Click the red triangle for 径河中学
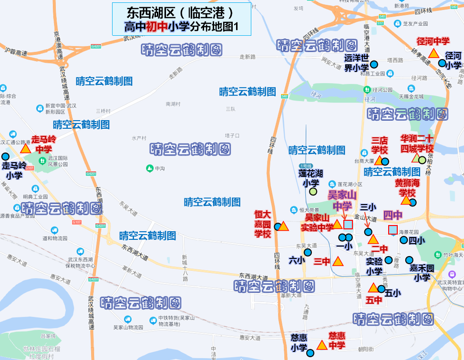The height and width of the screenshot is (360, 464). [x=433, y=53]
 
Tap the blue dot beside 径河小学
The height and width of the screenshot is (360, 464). [x=442, y=63]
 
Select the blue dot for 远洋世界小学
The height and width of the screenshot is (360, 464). [x=374, y=64]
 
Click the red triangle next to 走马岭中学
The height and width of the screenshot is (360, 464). [x=25, y=148]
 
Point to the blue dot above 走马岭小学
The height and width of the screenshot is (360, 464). [x=5, y=156]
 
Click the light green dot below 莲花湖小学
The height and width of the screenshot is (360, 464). [x=313, y=192]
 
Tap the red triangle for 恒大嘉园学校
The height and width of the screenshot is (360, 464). [x=283, y=226]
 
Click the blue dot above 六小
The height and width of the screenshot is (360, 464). [x=308, y=252]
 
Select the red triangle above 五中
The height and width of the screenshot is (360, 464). [x=373, y=288]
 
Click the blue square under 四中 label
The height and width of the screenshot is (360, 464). [x=392, y=230]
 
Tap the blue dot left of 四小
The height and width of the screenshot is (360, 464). [x=404, y=240]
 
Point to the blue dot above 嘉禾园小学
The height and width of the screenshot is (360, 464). [x=409, y=260]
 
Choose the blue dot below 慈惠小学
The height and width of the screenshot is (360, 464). [x=310, y=353]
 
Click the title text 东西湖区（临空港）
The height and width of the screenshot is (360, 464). [x=181, y=12]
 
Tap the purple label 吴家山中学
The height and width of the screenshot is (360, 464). [x=342, y=201]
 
